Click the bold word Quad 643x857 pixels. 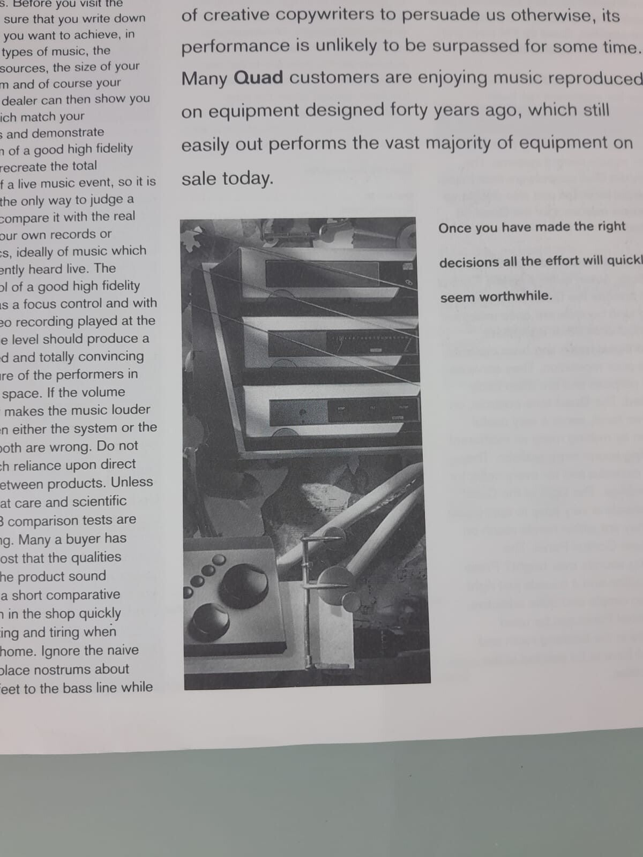click(259, 78)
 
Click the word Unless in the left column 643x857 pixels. click(132, 482)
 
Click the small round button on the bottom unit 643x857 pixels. click(303, 413)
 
